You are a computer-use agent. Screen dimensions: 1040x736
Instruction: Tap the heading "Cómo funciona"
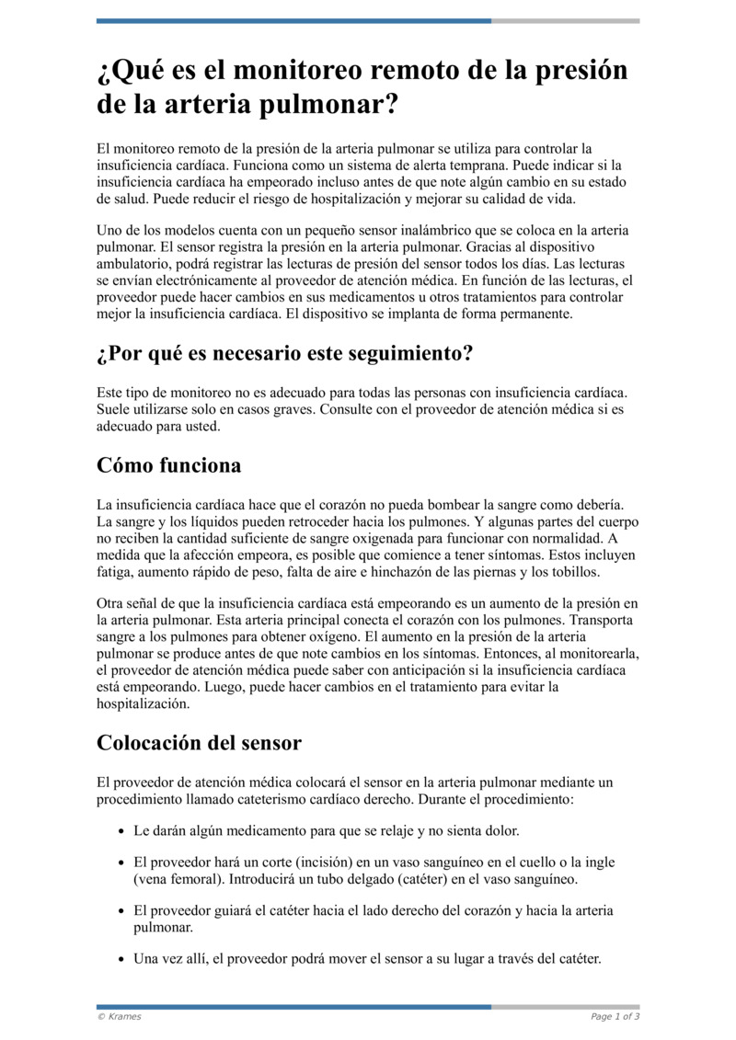coord(169,465)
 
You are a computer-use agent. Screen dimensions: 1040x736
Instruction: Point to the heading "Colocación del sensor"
coord(199,742)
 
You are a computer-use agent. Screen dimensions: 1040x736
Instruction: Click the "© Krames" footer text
coord(120,1016)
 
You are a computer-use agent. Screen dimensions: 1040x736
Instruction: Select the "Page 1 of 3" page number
coord(615,1016)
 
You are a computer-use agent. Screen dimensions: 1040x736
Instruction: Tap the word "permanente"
coord(532,314)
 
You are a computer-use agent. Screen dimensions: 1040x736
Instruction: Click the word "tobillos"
coord(574,572)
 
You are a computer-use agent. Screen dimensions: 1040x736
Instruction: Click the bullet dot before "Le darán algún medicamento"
coord(122,831)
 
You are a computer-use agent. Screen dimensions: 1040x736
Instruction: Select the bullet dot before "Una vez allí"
coord(122,960)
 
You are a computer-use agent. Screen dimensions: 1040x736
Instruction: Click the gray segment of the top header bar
coord(565,20)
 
